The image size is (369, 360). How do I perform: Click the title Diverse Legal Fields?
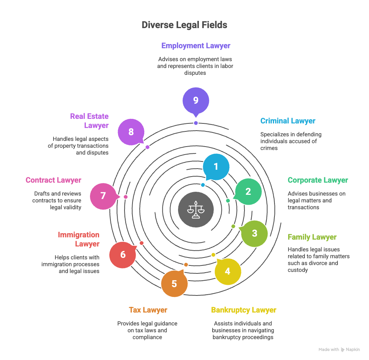(184, 25)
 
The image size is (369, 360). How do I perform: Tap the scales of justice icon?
(196, 210)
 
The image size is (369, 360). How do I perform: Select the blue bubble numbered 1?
(216, 167)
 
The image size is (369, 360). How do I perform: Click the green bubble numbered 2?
(248, 192)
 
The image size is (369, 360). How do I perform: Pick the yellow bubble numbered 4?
(227, 271)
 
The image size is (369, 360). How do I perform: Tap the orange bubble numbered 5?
(174, 284)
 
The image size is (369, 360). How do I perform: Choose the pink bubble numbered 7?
(103, 196)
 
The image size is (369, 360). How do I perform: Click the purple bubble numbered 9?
(196, 100)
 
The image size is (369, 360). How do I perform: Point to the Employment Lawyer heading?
(196, 46)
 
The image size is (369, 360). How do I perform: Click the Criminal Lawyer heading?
(288, 121)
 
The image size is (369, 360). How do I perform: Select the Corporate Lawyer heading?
(318, 180)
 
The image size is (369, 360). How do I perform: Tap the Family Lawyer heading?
(312, 237)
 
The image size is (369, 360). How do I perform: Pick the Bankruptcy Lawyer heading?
(244, 310)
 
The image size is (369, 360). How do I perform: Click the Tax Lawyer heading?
(148, 310)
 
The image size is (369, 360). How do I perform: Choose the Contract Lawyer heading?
(54, 180)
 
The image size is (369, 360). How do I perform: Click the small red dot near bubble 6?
(142, 243)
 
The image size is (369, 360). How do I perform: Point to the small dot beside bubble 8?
(147, 147)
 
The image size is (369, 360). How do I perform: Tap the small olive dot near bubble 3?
(233, 226)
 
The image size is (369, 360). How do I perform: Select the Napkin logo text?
(353, 350)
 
